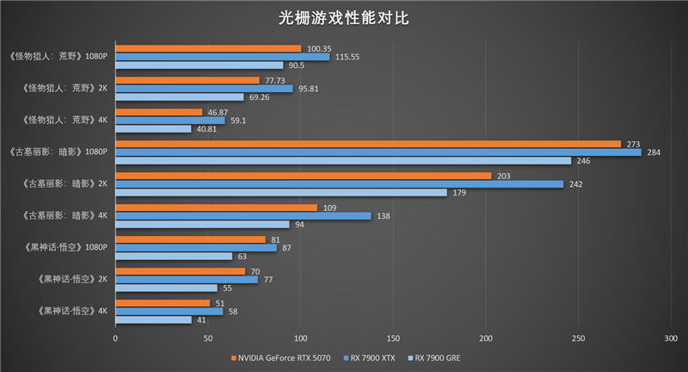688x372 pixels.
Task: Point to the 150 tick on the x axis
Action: [x=393, y=338]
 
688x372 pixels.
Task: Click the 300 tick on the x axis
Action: [x=671, y=338]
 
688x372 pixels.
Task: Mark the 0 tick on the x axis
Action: [x=115, y=338]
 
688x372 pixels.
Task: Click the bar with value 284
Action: [x=378, y=152]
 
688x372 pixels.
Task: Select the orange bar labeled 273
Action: [x=368, y=144]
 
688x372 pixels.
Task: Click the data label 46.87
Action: [x=217, y=112]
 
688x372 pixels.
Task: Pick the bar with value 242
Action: [x=339, y=184]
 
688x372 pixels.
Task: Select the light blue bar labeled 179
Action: [x=281, y=193]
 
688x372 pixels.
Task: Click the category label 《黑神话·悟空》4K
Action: [x=73, y=311]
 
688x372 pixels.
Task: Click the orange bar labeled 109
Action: [x=217, y=208]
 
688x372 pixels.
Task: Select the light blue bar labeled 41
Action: [x=153, y=319]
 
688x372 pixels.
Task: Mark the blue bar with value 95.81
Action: [x=204, y=89]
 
